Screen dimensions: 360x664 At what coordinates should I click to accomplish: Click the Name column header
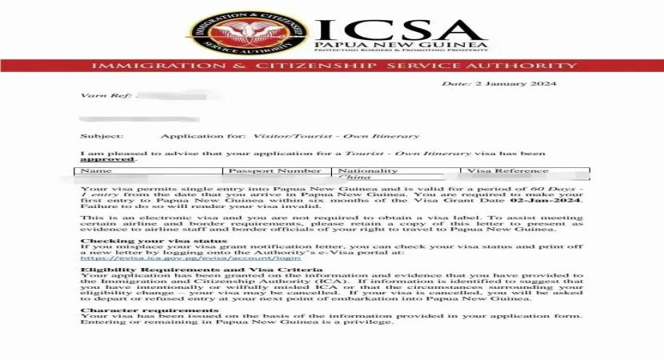tap(97, 170)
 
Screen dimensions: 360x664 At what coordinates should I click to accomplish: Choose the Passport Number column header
tap(275, 170)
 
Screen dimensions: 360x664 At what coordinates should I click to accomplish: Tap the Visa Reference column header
tap(508, 170)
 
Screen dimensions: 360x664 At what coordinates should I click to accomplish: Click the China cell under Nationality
tap(355, 178)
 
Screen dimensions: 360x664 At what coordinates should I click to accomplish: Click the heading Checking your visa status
tap(154, 241)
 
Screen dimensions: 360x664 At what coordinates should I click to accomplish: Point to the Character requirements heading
tap(138, 310)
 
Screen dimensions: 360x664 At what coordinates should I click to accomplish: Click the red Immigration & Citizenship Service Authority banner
tap(332, 65)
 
